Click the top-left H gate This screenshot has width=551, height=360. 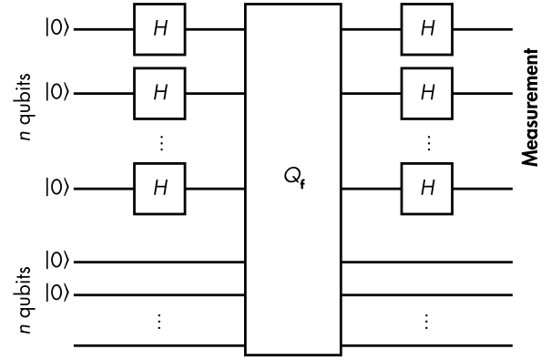tap(159, 29)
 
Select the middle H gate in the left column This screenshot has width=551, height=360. tap(159, 94)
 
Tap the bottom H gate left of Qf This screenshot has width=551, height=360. tap(159, 189)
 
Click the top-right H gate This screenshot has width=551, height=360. tap(427, 29)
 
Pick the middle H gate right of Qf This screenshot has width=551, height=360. tap(427, 94)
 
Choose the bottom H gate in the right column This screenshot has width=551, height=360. tap(427, 189)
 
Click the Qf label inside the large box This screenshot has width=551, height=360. tap(294, 178)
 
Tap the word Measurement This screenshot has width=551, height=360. tap(530, 108)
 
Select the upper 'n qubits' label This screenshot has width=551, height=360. tap(25, 107)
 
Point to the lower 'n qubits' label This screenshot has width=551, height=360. tap(25, 300)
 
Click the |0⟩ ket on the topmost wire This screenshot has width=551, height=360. tap(56, 28)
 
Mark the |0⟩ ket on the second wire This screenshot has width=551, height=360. tap(56, 92)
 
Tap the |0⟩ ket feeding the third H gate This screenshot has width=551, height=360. tap(56, 188)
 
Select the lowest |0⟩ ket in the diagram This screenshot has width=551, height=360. tap(56, 293)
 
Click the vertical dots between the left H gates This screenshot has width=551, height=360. tap(161, 143)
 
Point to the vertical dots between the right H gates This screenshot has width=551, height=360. tap(428, 143)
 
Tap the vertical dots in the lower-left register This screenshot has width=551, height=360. tap(159, 322)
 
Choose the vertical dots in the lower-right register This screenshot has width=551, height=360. tap(426, 322)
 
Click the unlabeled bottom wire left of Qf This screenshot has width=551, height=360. tap(159, 346)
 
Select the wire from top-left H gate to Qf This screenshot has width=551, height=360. tap(215, 29)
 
